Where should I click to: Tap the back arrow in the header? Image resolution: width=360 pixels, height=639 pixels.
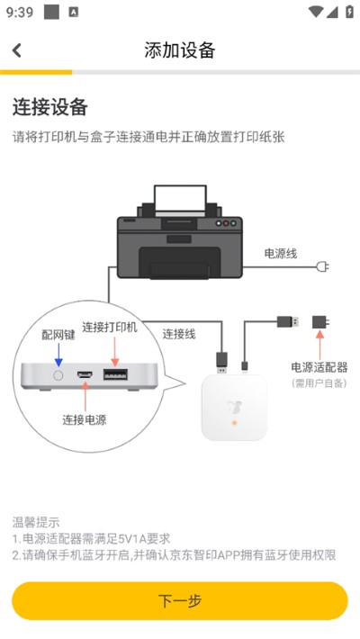(17, 50)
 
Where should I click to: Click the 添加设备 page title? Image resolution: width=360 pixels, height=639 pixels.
(180, 50)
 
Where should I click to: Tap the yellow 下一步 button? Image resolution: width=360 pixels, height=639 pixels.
(180, 600)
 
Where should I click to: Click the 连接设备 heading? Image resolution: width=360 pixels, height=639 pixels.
(50, 107)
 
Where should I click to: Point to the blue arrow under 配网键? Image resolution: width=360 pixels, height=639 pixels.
(58, 355)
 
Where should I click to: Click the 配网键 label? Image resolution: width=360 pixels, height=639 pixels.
(58, 335)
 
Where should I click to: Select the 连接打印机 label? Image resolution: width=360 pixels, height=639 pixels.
(110, 328)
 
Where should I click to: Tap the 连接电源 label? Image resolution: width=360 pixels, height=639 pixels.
(85, 420)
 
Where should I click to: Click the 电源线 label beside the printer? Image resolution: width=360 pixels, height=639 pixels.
(281, 254)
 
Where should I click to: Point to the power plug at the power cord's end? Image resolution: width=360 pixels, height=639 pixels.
(322, 267)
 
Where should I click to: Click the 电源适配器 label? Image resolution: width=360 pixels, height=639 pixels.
(319, 367)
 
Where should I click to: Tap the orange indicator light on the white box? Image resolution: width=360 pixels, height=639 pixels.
(234, 423)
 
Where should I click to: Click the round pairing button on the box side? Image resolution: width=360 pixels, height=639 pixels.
(58, 375)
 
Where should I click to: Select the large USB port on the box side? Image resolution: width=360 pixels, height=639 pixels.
(115, 374)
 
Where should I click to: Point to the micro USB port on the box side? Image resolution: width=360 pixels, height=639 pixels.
(85, 374)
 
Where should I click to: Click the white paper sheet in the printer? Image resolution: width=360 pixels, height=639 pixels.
(180, 199)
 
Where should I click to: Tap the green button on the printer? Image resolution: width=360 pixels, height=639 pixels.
(233, 223)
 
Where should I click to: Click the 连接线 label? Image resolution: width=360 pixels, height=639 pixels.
(179, 334)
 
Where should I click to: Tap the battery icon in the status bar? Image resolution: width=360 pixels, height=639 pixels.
(349, 12)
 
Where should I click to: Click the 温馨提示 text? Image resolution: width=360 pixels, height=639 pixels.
(36, 522)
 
